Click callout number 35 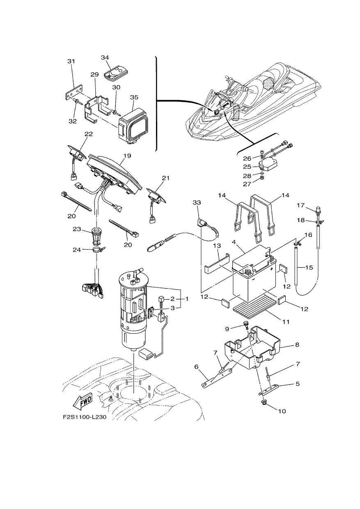(x=134, y=97)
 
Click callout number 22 (x=89, y=134)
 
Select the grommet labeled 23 (x=96, y=236)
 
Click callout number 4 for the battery (x=234, y=242)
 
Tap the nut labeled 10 (x=264, y=402)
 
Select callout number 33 (x=197, y=202)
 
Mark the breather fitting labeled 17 (x=318, y=212)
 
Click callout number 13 (x=217, y=245)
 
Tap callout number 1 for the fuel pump (x=187, y=299)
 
